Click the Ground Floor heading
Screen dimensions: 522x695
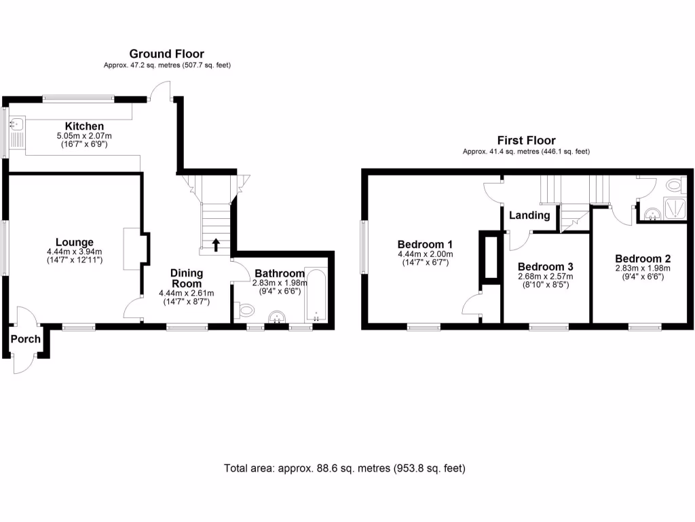click(x=166, y=54)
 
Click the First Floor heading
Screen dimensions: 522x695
click(x=526, y=141)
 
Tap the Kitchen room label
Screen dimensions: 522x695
click(x=84, y=126)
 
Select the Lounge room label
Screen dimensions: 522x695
click(x=74, y=242)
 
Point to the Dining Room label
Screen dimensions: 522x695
click(x=187, y=278)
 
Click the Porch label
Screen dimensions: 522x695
click(x=26, y=339)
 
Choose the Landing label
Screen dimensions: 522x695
click(x=529, y=215)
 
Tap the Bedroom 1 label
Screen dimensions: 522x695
click(x=425, y=244)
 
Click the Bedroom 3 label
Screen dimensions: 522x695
click(x=545, y=267)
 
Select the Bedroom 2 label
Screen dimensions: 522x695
click(x=643, y=258)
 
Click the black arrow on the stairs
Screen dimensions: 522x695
click(x=216, y=245)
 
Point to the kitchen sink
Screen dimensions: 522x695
click(x=17, y=124)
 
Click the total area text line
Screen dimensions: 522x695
click(x=344, y=468)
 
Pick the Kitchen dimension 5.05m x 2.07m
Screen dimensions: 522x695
click(x=83, y=137)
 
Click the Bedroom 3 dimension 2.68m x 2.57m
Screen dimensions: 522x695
click(x=545, y=277)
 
